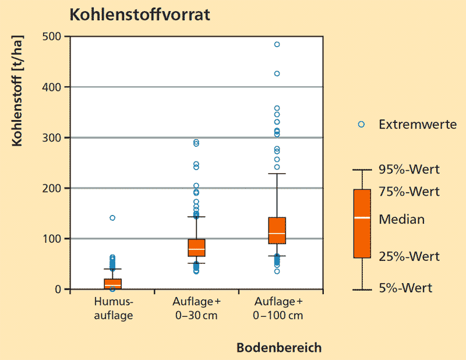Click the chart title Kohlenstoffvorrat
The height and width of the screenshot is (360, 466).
click(x=140, y=15)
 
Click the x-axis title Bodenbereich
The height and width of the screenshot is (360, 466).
click(x=279, y=348)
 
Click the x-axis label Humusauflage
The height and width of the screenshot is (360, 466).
click(x=114, y=309)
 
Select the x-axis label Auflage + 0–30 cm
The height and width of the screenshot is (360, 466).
click(x=196, y=309)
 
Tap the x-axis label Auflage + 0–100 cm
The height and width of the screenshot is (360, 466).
click(x=279, y=309)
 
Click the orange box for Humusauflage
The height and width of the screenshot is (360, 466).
click(x=113, y=284)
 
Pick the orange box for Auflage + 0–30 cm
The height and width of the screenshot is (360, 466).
click(x=196, y=248)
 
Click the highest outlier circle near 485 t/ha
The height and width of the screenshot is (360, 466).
click(x=277, y=44)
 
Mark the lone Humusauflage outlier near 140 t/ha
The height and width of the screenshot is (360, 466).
click(x=112, y=218)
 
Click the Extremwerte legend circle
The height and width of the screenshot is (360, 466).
click(x=361, y=124)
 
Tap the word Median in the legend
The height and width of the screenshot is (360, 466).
click(x=401, y=220)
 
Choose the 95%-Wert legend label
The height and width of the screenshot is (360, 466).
click(x=409, y=170)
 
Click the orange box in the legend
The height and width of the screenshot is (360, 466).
click(x=362, y=223)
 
